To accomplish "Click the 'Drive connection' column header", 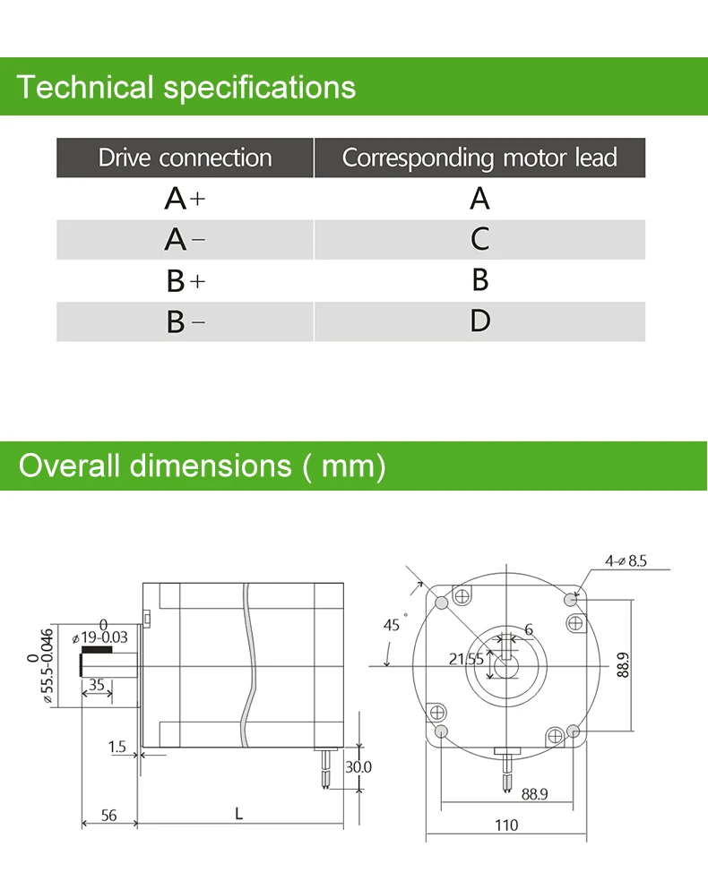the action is pyautogui.click(x=185, y=158).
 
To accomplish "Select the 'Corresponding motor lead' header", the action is pyautogui.click(x=479, y=158).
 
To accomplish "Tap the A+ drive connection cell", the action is pyautogui.click(x=185, y=199).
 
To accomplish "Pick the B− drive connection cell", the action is pyautogui.click(x=185, y=321).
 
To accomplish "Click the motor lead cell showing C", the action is pyautogui.click(x=479, y=239).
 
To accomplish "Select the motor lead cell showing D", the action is pyautogui.click(x=479, y=321).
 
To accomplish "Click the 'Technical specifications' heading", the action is pyautogui.click(x=186, y=88).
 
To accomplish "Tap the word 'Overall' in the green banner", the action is pyautogui.click(x=69, y=466).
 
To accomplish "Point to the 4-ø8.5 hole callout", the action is pyautogui.click(x=626, y=560).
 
